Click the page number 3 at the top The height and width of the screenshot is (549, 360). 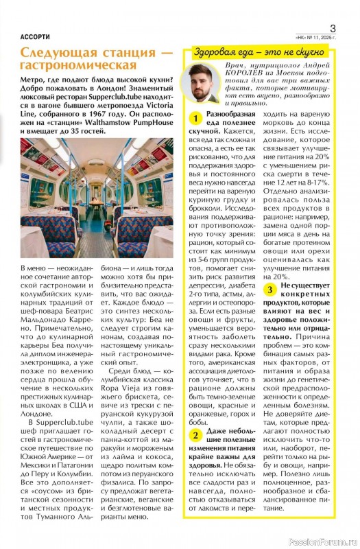(333, 27)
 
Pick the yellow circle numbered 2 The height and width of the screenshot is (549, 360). (196, 435)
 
